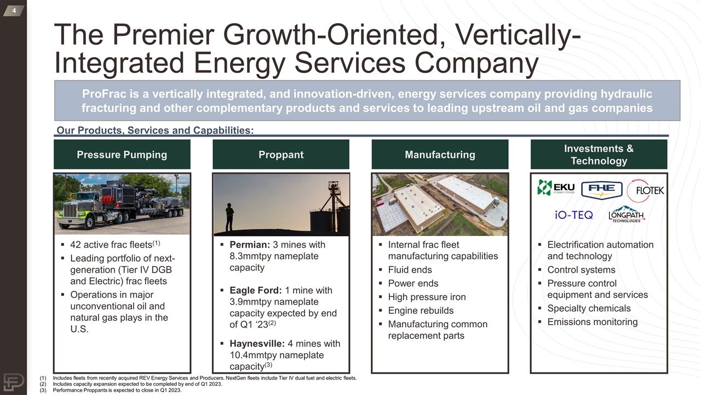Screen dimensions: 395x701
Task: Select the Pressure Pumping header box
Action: tap(122, 155)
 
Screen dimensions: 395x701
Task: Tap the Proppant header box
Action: tap(280, 155)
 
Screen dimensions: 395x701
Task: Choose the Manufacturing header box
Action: tap(440, 155)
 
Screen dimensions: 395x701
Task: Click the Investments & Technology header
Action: tap(599, 155)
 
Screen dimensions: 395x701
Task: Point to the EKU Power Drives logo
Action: tap(555, 188)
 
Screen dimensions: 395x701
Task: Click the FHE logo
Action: tap(601, 190)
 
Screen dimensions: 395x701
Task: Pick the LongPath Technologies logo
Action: tap(626, 214)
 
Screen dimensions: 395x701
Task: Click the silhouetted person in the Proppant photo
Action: tap(229, 217)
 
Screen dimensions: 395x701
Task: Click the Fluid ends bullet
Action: tap(410, 270)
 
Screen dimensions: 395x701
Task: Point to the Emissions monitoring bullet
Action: tap(592, 322)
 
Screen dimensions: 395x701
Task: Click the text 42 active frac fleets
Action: tap(111, 245)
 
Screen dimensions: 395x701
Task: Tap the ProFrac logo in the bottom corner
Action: tap(13, 382)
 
